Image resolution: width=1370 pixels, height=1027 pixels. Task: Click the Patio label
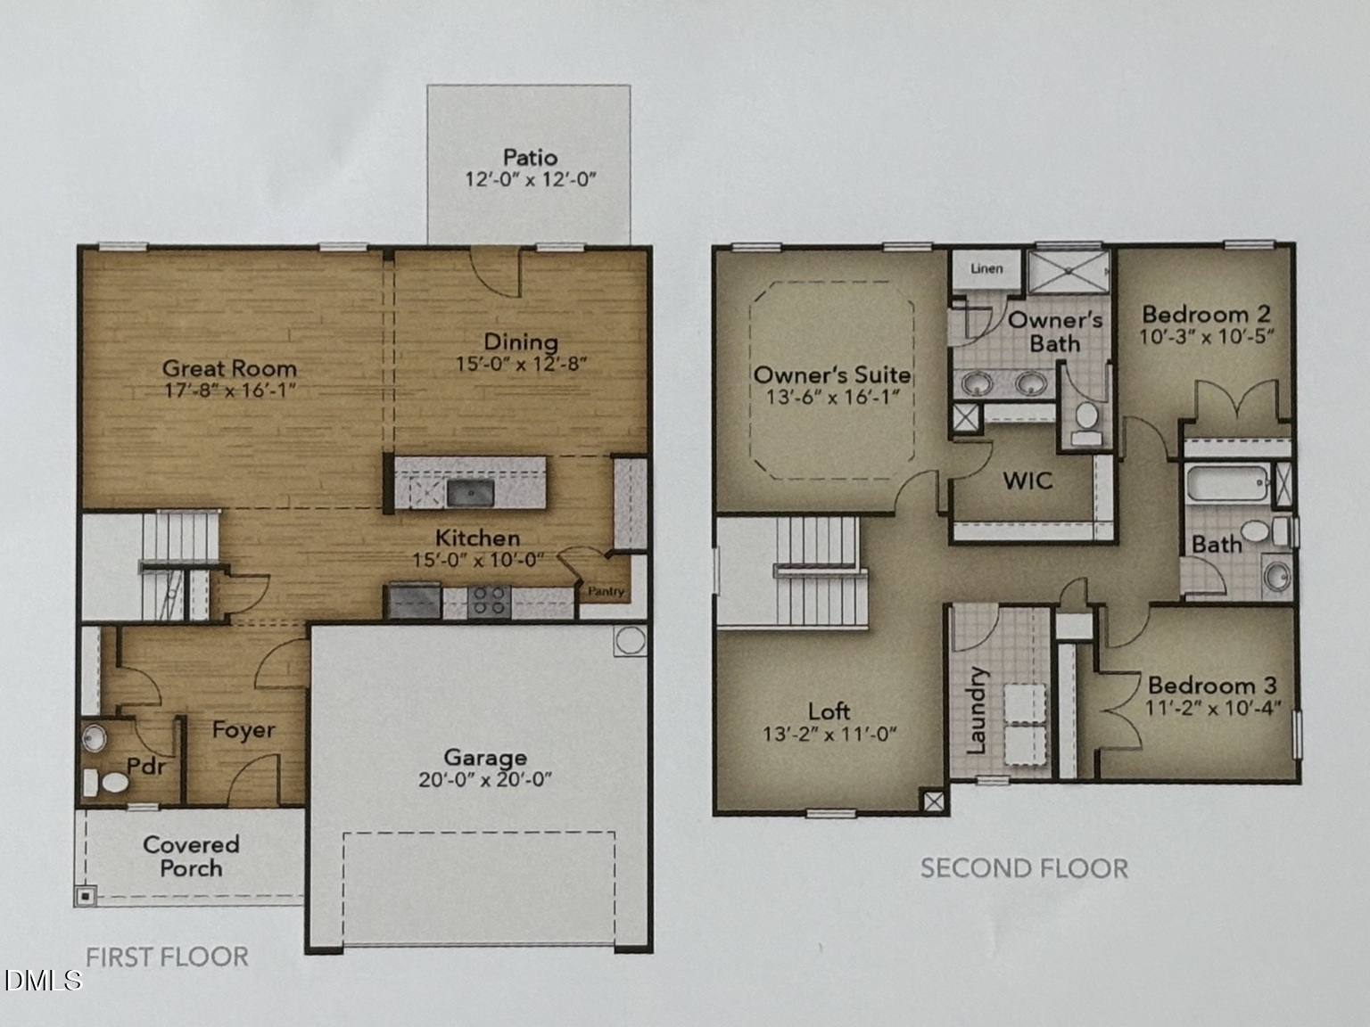pyautogui.click(x=530, y=157)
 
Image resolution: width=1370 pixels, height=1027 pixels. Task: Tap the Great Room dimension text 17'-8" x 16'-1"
pyautogui.click(x=230, y=390)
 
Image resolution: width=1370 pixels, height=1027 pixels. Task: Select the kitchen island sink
pyautogui.click(x=471, y=493)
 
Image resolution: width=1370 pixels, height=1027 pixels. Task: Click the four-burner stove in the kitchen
pyautogui.click(x=489, y=601)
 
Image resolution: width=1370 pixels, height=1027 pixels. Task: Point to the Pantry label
pyautogui.click(x=606, y=592)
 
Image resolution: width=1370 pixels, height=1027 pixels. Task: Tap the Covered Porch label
pyautogui.click(x=191, y=856)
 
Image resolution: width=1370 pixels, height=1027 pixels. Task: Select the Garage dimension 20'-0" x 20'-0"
pyautogui.click(x=485, y=779)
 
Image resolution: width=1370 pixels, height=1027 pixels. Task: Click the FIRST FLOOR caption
pyautogui.click(x=167, y=957)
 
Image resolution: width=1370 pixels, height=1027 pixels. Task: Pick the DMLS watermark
pyautogui.click(x=43, y=981)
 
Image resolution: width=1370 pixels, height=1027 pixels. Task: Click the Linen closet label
pyautogui.click(x=986, y=268)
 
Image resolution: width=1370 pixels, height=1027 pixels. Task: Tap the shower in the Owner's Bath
pyautogui.click(x=1069, y=271)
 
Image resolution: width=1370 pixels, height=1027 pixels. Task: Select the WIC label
pyautogui.click(x=1027, y=481)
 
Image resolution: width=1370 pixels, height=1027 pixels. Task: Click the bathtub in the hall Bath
pyautogui.click(x=1227, y=483)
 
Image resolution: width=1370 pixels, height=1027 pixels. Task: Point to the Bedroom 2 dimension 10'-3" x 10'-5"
pyautogui.click(x=1206, y=337)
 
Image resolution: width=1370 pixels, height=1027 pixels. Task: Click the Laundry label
pyautogui.click(x=976, y=711)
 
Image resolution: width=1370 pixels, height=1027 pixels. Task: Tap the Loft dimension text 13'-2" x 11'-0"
pyautogui.click(x=829, y=734)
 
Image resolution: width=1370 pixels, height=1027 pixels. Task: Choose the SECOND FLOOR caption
pyautogui.click(x=1024, y=868)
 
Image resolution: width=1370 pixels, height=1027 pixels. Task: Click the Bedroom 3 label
pyautogui.click(x=1212, y=686)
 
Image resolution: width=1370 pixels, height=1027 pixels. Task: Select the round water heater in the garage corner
pyautogui.click(x=631, y=640)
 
